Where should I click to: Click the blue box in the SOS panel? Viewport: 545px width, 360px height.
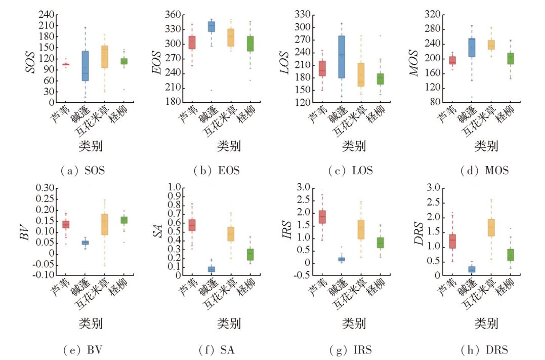pyautogui.click(x=85, y=66)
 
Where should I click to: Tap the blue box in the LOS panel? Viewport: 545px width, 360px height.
pyautogui.click(x=342, y=57)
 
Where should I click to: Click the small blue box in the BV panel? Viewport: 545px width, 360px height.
pyautogui.click(x=86, y=243)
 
